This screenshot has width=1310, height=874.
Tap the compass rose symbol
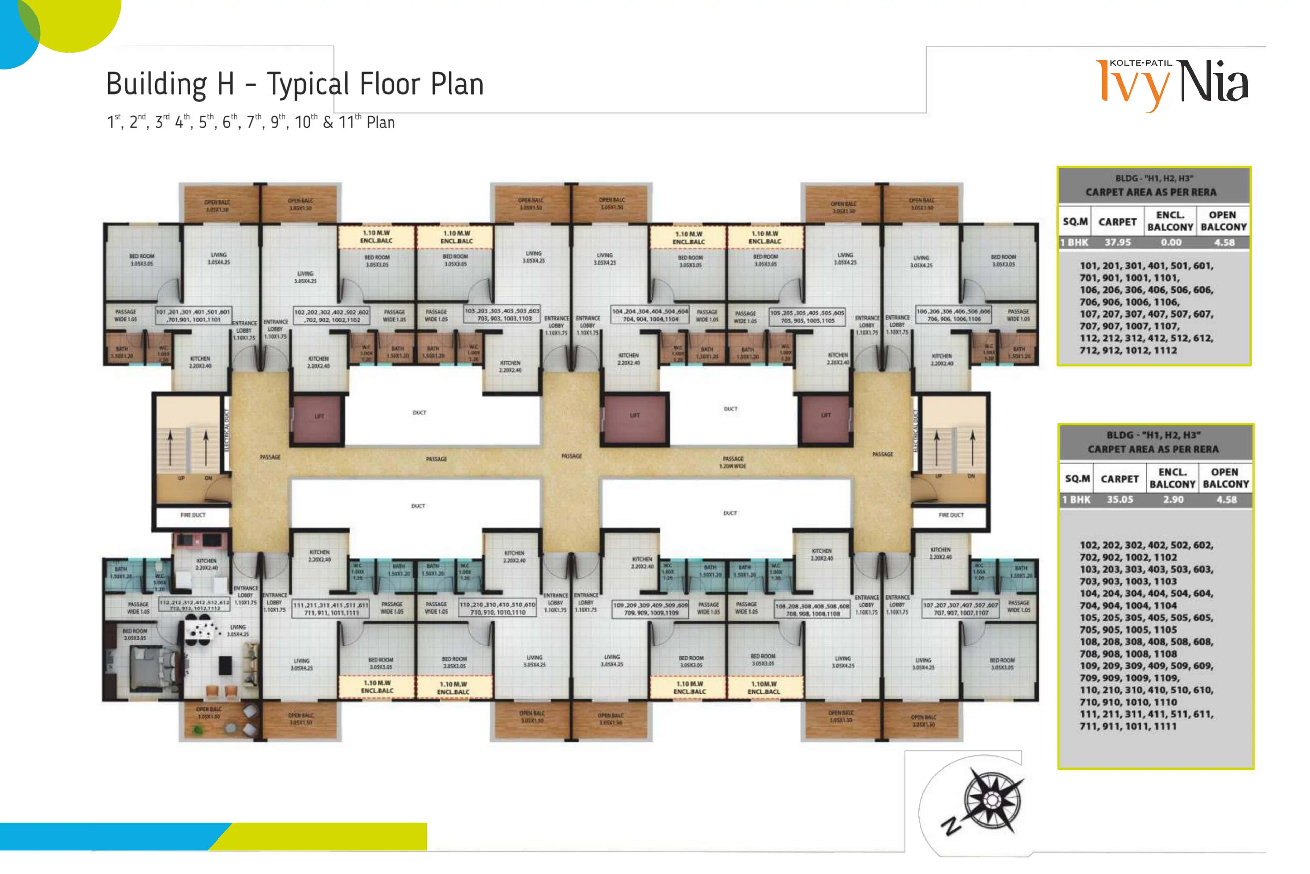pyautogui.click(x=992, y=800)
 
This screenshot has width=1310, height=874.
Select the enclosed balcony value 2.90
pyautogui.click(x=1173, y=499)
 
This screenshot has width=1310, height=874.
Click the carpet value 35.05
pyautogui.click(x=1120, y=499)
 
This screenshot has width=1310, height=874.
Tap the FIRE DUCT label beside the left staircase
pyautogui.click(x=193, y=515)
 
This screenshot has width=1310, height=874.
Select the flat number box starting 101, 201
pyautogui.click(x=193, y=315)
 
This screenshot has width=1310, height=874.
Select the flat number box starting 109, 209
pyautogui.click(x=651, y=609)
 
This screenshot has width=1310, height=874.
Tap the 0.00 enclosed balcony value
pyautogui.click(x=1171, y=242)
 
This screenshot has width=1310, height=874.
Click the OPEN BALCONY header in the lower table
pyautogui.click(x=1225, y=478)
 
